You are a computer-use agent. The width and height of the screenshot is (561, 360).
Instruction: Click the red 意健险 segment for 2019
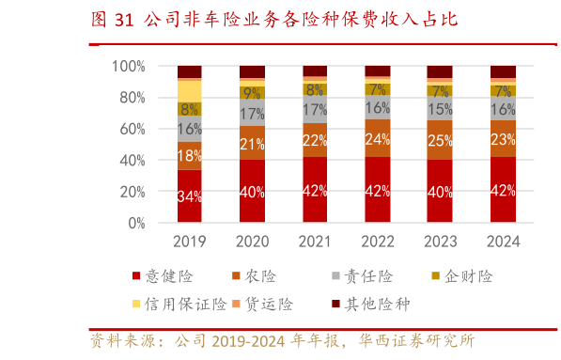tap(189, 196)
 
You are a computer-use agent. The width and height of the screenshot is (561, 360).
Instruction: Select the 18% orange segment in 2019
tap(189, 156)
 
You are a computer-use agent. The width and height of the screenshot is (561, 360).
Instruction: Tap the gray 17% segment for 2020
tap(252, 115)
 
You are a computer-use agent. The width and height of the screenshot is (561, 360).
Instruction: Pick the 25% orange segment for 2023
tap(440, 140)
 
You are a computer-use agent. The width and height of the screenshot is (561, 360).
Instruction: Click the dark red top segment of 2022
tap(377, 70)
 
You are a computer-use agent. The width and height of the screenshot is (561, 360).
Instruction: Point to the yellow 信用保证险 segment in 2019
tap(189, 90)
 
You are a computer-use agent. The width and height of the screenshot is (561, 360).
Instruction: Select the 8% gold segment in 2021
tap(315, 90)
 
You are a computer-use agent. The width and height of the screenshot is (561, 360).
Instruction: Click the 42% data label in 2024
tap(503, 191)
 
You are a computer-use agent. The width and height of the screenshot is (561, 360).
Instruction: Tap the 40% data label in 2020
tap(252, 193)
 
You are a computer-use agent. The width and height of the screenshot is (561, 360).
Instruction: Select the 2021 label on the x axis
tap(315, 242)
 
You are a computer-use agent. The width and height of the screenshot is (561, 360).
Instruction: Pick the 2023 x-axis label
tap(440, 242)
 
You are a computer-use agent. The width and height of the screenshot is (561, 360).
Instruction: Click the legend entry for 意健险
tap(168, 276)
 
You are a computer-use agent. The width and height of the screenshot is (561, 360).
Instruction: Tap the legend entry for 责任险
tap(357, 276)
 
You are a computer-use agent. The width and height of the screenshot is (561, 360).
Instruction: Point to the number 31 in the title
tap(123, 19)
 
